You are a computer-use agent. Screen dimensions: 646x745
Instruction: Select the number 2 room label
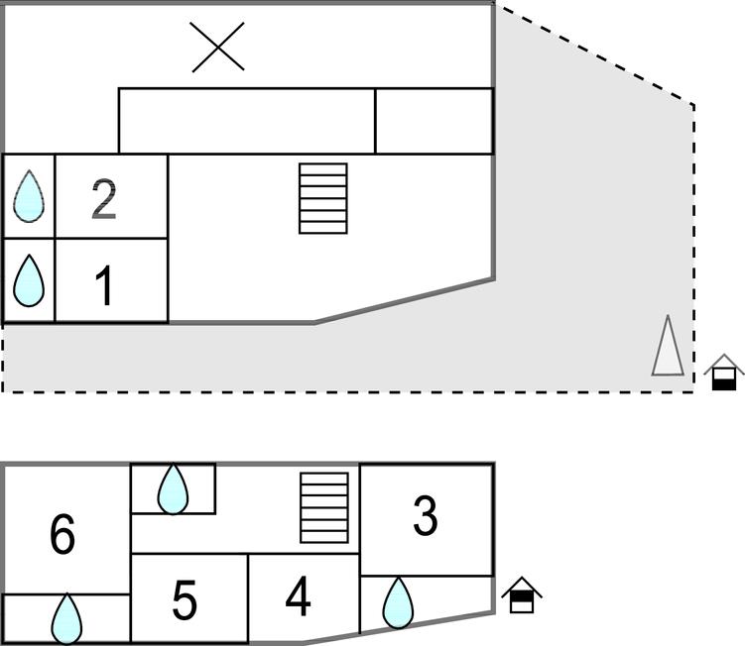point(104,199)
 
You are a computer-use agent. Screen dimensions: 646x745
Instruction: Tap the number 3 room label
point(425,516)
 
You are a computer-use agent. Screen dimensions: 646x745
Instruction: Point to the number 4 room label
point(298,596)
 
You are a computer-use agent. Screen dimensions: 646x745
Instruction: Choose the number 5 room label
point(185,600)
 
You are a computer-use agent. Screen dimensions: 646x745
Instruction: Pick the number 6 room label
point(62,535)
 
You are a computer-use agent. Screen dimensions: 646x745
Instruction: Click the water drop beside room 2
point(29,196)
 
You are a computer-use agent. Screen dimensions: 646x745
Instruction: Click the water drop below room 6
point(66,618)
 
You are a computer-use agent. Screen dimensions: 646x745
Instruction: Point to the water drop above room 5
point(174,487)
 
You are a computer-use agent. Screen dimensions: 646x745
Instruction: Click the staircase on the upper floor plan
point(323,198)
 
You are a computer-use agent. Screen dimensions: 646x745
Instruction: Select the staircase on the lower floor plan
point(324,508)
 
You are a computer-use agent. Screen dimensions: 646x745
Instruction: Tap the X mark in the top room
point(218,48)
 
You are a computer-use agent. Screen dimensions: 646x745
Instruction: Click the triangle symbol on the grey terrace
point(668,347)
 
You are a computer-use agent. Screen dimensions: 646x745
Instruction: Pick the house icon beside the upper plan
point(724,373)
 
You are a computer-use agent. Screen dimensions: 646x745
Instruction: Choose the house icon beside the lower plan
point(522,595)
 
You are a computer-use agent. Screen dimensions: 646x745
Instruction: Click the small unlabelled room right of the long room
point(434,121)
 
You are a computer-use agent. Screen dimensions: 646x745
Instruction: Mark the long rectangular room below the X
point(246,121)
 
